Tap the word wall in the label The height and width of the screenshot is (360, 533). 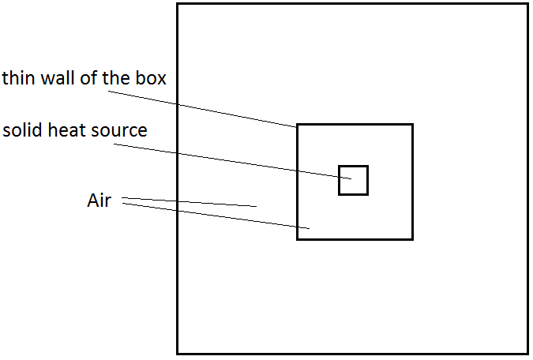(56, 79)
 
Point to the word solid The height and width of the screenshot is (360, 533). (21, 130)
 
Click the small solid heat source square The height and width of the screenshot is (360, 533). (353, 180)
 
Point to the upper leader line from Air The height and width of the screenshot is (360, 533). (190, 202)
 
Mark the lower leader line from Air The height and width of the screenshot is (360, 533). (213, 217)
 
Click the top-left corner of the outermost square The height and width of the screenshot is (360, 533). (178, 5)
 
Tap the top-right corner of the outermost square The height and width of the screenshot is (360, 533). (527, 5)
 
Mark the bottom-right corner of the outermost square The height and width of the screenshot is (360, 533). (527, 353)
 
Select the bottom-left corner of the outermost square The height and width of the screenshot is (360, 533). (178, 353)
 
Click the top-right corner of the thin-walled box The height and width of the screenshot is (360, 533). (412, 125)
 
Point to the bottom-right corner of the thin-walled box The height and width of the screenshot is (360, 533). (412, 238)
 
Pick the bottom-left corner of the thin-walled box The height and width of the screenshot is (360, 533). (298, 238)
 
